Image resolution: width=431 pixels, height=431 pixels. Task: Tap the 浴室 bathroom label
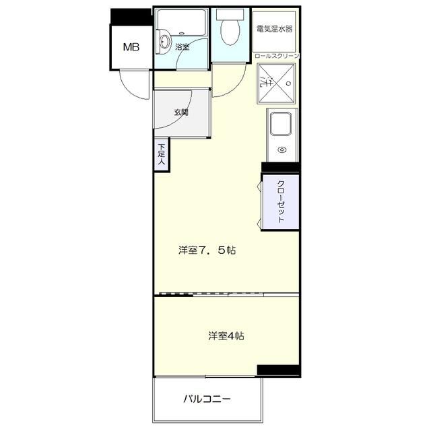click(x=182, y=47)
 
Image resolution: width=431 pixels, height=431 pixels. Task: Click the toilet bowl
click(x=230, y=32)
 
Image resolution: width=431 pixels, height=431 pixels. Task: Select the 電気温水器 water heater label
click(x=275, y=30)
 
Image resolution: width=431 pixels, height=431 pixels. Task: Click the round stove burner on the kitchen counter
click(x=282, y=150)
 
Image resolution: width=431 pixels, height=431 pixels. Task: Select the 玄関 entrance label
click(x=180, y=112)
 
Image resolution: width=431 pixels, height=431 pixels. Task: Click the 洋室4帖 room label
click(x=226, y=335)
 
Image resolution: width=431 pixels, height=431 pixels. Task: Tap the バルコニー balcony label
click(x=207, y=399)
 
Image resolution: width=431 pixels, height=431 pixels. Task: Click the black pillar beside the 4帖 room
click(x=277, y=370)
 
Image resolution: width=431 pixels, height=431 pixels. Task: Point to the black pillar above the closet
click(x=280, y=168)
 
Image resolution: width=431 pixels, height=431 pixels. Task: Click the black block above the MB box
click(x=131, y=15)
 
